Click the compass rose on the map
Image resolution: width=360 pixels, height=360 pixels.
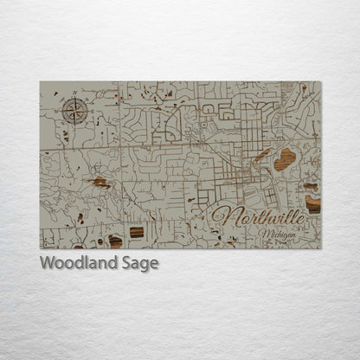pos(74,110)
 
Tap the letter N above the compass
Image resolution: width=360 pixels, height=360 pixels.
pos(74,99)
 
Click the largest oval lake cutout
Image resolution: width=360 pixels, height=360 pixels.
pos(284,159)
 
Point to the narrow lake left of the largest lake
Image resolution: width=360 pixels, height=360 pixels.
pos(263,156)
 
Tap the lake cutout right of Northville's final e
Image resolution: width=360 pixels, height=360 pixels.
pos(312,205)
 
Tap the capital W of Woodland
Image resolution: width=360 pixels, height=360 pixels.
pos(47,262)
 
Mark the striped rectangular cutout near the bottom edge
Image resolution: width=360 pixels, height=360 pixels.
pos(137,232)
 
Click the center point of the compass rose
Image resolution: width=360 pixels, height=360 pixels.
pos(74,110)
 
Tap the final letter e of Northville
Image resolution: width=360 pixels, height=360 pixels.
pos(299,222)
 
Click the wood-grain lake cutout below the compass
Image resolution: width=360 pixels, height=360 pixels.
pos(100,183)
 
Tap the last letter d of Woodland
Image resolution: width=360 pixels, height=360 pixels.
pos(109,262)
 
